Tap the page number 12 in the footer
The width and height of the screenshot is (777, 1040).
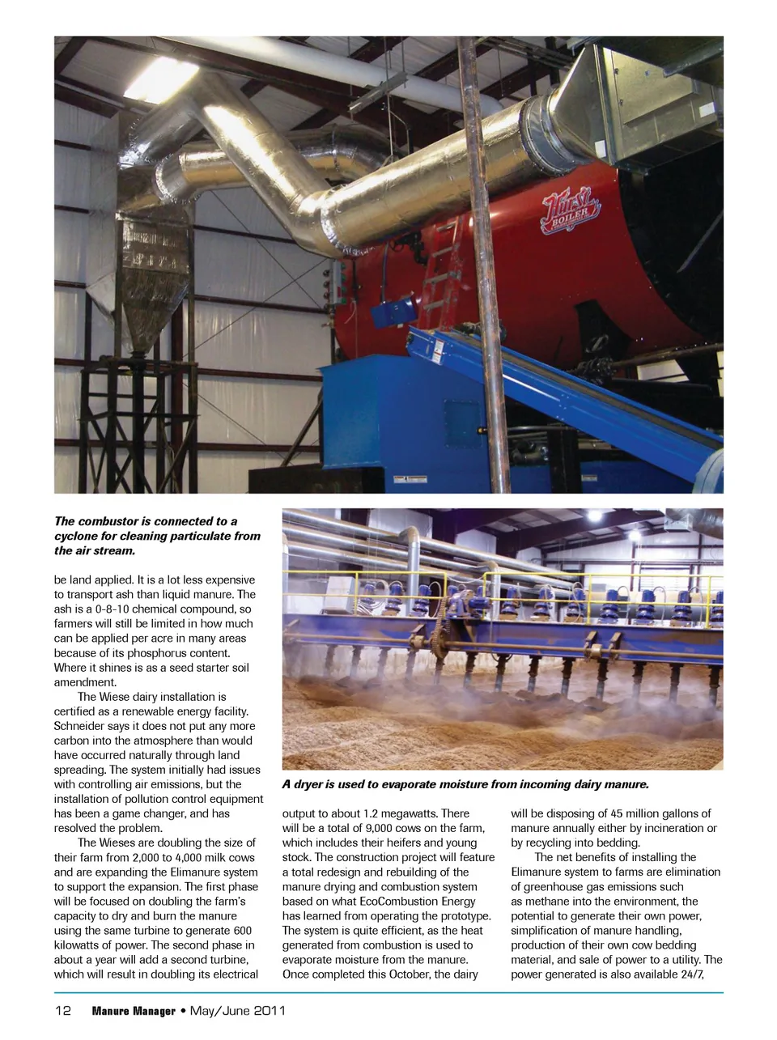(x=63, y=1011)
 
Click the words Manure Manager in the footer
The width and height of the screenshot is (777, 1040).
(x=133, y=1011)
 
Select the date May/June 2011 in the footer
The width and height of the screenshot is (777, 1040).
(x=237, y=1011)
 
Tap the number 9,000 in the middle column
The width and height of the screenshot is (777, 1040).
(x=379, y=828)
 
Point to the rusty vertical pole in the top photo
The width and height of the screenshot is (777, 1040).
(x=484, y=267)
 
